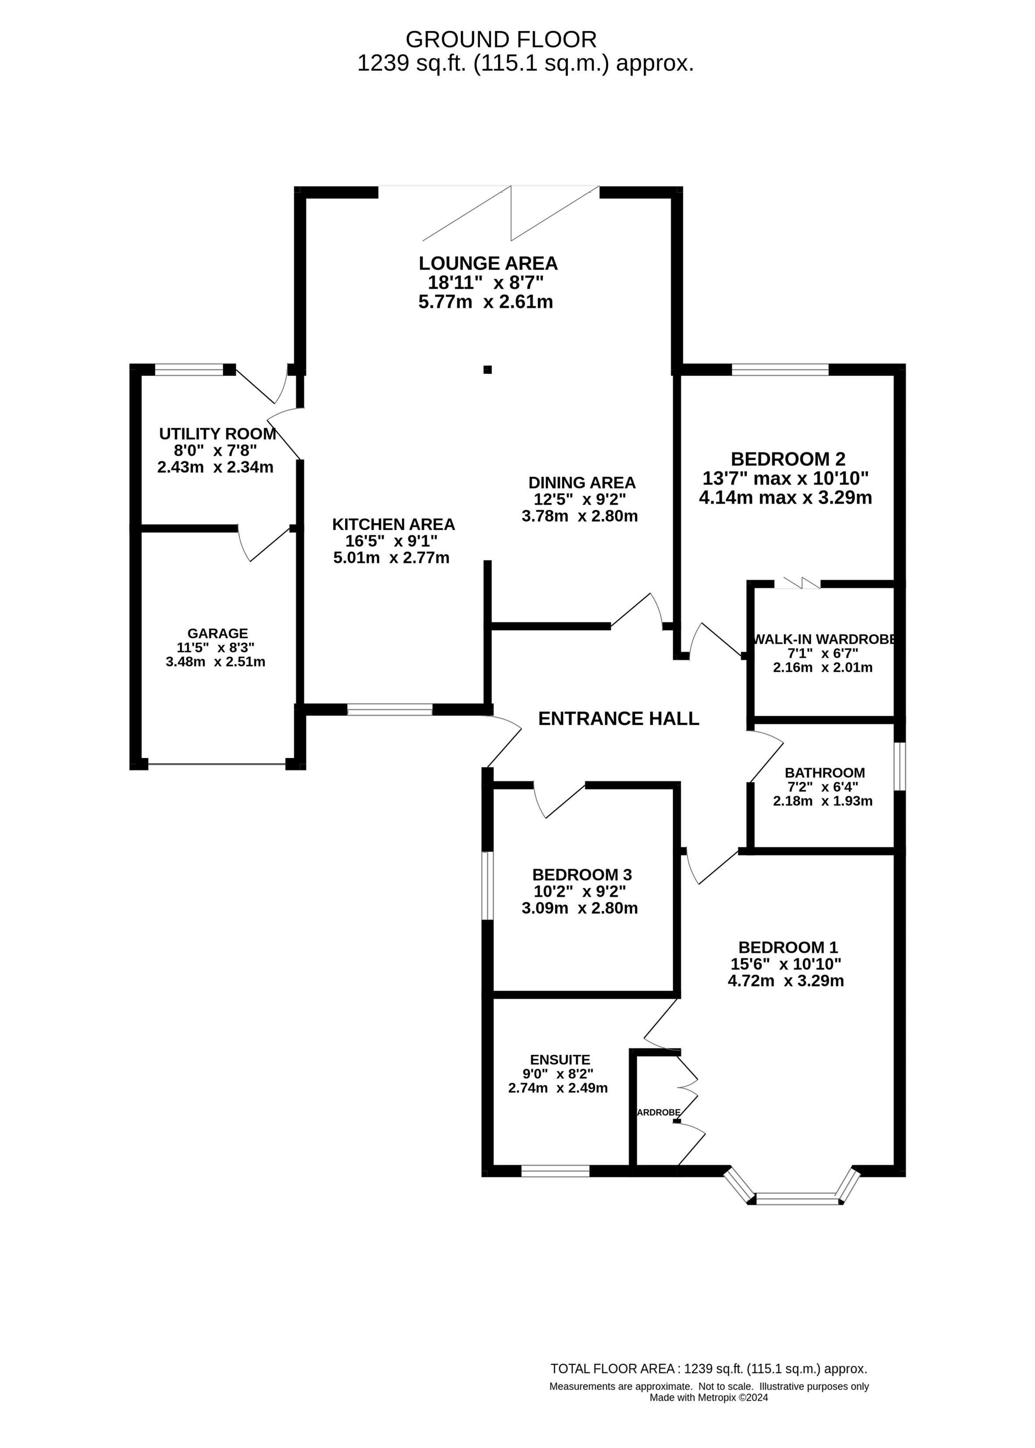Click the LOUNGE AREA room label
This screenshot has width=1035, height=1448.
point(488,263)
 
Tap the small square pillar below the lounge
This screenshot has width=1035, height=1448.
point(488,369)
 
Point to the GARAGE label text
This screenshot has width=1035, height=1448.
point(218,633)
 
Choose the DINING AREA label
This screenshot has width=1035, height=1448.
point(582,483)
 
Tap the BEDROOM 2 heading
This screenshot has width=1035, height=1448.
point(788,459)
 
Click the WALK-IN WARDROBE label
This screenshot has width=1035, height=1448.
point(824,639)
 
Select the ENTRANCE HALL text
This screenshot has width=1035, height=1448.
point(618,719)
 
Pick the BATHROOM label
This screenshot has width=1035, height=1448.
point(824,773)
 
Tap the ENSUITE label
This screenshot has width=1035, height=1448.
point(560,1059)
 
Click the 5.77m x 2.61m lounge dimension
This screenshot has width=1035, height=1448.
point(485,301)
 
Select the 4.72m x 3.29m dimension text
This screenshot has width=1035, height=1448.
point(786,981)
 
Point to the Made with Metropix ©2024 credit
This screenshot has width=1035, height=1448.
point(709,1397)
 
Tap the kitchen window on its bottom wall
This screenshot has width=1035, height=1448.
point(390,709)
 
